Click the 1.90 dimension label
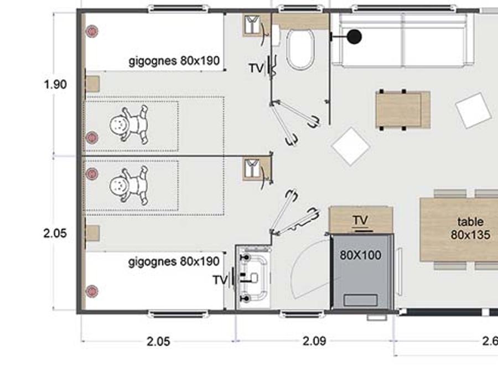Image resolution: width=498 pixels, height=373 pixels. point(55,85)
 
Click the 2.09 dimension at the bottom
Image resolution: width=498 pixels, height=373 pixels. point(314,342)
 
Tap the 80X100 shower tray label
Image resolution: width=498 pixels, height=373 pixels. point(360,255)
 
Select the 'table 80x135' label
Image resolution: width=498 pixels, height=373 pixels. point(470,228)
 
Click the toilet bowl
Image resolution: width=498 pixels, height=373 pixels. point(300,49)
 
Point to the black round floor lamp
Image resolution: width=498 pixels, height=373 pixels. point(354,36)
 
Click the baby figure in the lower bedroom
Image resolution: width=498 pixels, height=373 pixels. point(128,186)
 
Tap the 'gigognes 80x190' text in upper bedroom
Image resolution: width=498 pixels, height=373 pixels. point(174,61)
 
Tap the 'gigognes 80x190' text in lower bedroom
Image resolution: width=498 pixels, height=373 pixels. point(174,262)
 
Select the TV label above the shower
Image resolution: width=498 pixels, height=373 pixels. point(360,220)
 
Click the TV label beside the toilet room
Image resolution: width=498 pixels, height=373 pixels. point(256,68)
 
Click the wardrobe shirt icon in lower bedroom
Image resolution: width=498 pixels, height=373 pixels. point(252,169)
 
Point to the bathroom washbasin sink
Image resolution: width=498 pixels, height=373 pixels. point(253,277)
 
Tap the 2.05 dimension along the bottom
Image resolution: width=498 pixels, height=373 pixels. point(158,342)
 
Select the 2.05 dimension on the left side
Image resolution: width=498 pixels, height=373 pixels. point(55,233)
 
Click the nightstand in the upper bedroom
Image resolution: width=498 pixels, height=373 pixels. point(93,83)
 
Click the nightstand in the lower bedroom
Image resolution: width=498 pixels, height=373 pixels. point(93,233)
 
